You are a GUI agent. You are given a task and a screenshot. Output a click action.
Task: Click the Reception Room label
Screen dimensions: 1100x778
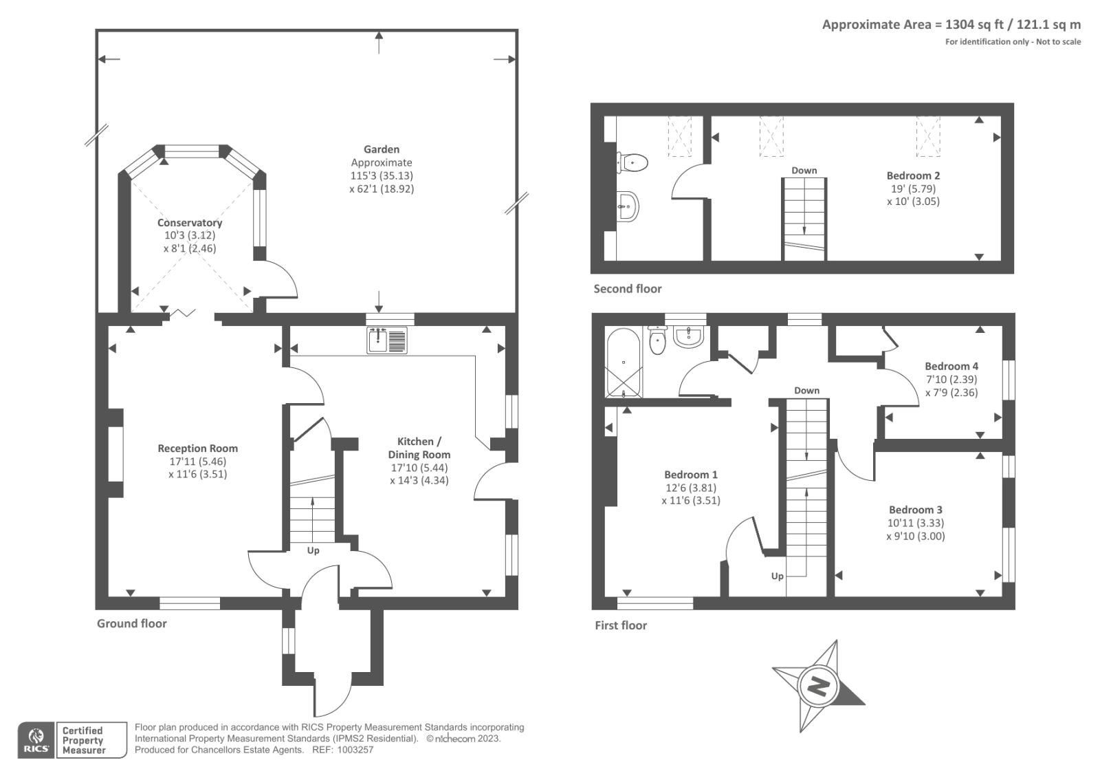(197, 449)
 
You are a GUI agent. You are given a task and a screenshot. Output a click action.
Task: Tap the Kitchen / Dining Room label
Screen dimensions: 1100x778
(419, 448)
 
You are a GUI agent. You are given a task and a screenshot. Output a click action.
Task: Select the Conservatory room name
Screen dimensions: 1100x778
(190, 223)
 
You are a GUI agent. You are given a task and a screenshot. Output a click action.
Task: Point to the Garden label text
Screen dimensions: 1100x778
(382, 149)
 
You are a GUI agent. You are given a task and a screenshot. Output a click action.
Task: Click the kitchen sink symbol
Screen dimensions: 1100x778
(387, 340)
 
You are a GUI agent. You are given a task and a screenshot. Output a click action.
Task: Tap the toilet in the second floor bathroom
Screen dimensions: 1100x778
(632, 162)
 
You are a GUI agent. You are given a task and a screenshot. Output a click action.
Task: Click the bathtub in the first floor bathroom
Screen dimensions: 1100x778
(624, 363)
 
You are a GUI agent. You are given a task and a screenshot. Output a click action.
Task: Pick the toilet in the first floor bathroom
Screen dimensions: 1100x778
(657, 340)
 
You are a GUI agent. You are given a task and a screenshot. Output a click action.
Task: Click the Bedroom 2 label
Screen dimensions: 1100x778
(913, 175)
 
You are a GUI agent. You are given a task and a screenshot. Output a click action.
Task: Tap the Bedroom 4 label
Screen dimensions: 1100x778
(951, 366)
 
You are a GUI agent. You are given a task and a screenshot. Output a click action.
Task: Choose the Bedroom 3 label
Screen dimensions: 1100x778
(915, 510)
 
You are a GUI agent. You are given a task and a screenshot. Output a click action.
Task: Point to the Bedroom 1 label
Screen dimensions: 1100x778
(690, 475)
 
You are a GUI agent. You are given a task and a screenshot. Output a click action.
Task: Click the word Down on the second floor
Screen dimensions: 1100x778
(804, 171)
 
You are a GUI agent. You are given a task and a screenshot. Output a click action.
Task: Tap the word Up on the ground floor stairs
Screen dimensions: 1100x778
(313, 550)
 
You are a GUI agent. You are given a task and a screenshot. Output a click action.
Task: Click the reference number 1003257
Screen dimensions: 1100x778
(355, 750)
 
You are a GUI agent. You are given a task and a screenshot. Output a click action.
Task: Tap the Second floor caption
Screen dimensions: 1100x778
(628, 288)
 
